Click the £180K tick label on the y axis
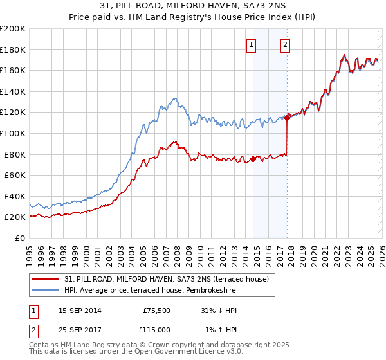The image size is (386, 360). (x=13, y=50)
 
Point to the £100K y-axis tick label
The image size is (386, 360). (x=13, y=133)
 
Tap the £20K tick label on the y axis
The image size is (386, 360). (x=15, y=217)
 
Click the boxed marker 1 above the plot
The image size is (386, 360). (x=250, y=44)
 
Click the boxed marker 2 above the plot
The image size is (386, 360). (x=284, y=44)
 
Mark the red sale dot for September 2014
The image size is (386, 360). (x=253, y=159)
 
